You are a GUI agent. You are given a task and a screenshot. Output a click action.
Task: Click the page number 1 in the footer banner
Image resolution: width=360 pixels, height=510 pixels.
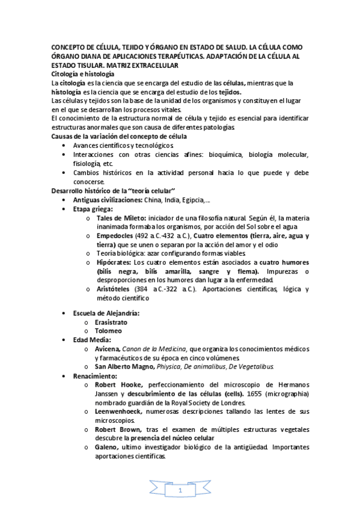[180, 493]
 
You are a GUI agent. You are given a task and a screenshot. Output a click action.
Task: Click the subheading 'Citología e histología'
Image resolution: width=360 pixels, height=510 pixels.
[82, 73]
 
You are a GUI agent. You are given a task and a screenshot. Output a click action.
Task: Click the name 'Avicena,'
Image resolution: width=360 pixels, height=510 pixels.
[108, 349]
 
